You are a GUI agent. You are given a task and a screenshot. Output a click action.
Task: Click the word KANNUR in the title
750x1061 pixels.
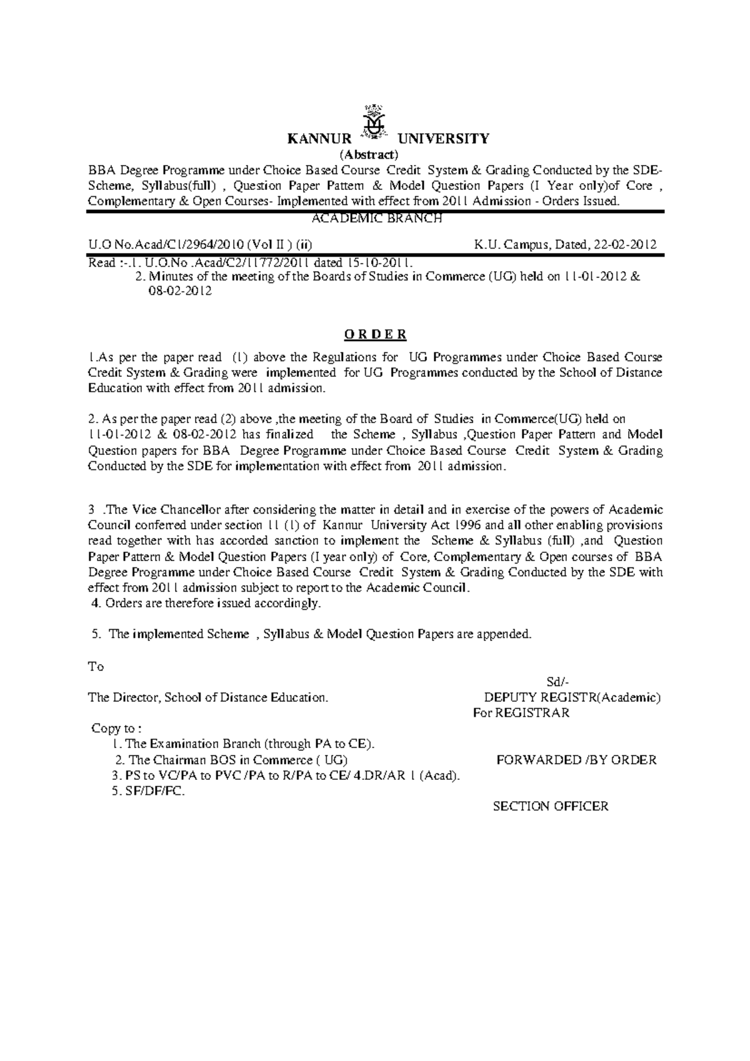[x=319, y=139]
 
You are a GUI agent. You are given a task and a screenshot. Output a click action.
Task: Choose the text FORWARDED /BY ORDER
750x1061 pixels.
[x=576, y=760]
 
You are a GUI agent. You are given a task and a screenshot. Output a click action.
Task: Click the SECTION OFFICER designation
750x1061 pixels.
[x=551, y=807]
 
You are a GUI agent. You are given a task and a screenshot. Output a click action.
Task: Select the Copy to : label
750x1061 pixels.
[x=117, y=729]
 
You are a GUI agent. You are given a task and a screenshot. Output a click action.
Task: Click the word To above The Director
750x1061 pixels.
[x=96, y=667]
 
